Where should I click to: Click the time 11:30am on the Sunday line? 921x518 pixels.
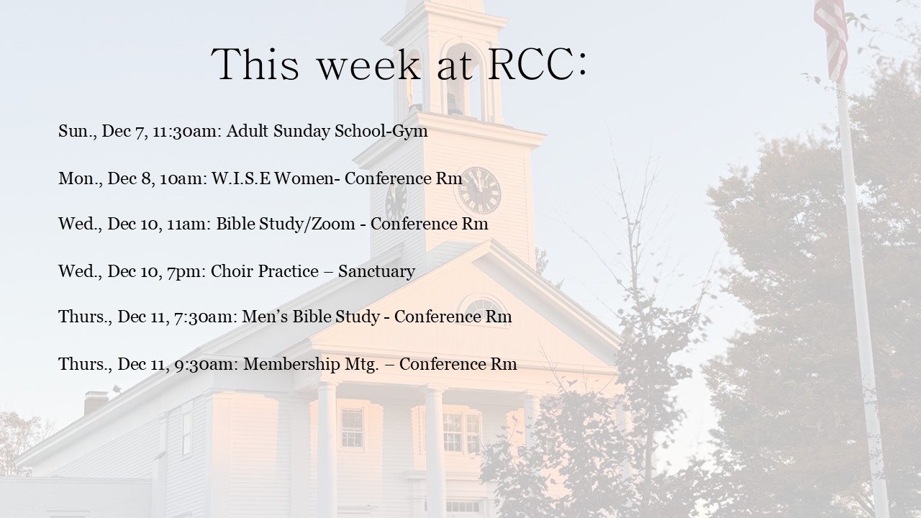pyautogui.click(x=187, y=131)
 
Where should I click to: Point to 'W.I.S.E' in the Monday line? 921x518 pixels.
pyautogui.click(x=241, y=178)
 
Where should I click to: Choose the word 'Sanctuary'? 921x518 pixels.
pyautogui.click(x=376, y=272)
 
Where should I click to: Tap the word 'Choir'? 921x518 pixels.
pyautogui.click(x=232, y=271)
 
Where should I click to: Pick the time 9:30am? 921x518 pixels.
pyautogui.click(x=207, y=364)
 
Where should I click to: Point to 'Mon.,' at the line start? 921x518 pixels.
pyautogui.click(x=80, y=179)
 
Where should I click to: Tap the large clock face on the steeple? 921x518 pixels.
pyautogui.click(x=479, y=191)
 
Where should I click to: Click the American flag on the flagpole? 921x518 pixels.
pyautogui.click(x=831, y=39)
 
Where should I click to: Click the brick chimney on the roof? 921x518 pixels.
pyautogui.click(x=96, y=402)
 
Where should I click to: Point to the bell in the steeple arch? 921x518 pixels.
pyautogui.click(x=454, y=104)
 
